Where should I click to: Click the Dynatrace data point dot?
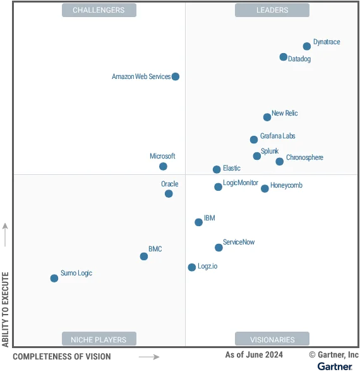click(x=307, y=46)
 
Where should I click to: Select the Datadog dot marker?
click(x=284, y=57)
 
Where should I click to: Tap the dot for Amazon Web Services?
click(x=176, y=76)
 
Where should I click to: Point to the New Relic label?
click(x=284, y=114)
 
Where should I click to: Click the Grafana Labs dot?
click(x=254, y=140)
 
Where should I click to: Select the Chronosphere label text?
click(x=304, y=157)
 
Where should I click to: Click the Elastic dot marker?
click(x=217, y=169)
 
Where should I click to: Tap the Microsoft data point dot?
click(x=163, y=167)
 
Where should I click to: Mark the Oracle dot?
click(x=169, y=194)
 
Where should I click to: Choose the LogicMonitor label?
click(x=241, y=183)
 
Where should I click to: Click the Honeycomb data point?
click(x=265, y=189)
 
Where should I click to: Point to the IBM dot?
click(x=199, y=222)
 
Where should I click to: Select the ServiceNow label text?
click(x=239, y=243)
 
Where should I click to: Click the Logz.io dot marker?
click(x=192, y=267)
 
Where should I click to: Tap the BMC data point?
click(x=144, y=256)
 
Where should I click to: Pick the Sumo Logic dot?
click(x=54, y=279)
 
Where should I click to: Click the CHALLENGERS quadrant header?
click(x=99, y=10)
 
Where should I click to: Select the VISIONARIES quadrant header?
click(x=272, y=339)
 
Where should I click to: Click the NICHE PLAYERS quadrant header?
click(x=99, y=339)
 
